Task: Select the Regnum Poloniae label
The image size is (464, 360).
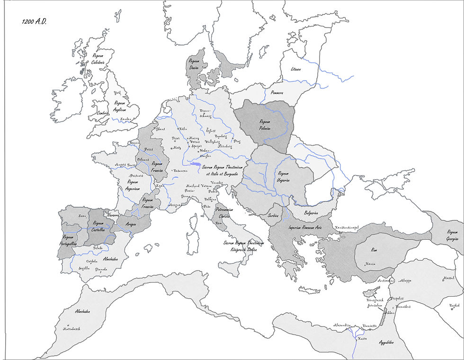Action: [261, 124]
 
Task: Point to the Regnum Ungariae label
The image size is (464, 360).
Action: [284, 177]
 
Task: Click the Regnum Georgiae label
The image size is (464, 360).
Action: [452, 235]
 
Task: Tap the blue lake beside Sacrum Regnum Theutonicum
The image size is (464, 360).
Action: [195, 165]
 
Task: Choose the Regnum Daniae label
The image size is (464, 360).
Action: [194, 64]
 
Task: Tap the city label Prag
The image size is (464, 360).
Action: [237, 140]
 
